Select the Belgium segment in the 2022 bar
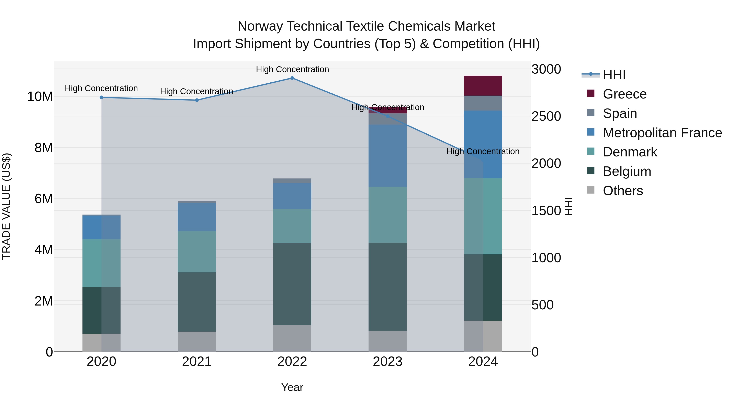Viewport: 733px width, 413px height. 292,284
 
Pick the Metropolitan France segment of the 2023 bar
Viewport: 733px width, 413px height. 387,156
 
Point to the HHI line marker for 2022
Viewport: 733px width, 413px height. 292,78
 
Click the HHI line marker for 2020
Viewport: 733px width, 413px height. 101,97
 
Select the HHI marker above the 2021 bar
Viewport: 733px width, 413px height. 197,100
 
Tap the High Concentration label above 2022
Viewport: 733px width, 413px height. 292,69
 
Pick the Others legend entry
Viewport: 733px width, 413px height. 623,191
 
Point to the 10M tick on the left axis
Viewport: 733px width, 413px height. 40,97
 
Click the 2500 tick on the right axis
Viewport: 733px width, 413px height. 546,116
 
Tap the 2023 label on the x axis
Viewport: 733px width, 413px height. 387,362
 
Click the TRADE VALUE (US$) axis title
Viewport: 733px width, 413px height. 6,206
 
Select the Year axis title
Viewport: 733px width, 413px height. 292,387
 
